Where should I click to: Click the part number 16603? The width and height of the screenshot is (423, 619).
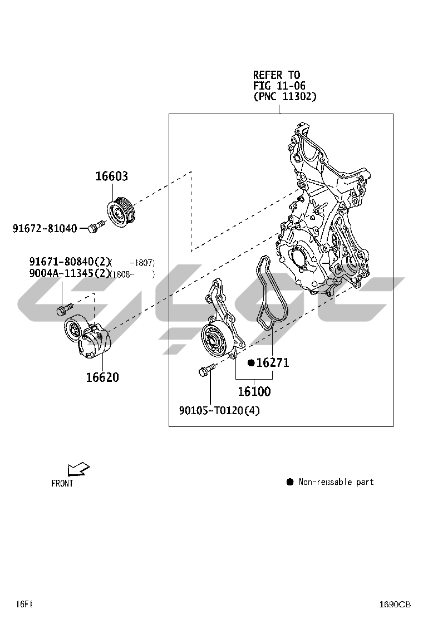111,176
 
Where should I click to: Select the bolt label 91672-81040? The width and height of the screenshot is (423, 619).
45,228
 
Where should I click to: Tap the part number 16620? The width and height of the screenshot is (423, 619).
102,377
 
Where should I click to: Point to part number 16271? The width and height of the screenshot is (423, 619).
272,363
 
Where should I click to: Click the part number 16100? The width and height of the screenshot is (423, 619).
254,391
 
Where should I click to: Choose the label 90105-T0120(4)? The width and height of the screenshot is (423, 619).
219,411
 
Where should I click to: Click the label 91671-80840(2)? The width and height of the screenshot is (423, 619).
70,262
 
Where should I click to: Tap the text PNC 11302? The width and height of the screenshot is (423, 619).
285,96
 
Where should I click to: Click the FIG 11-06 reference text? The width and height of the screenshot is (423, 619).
279,86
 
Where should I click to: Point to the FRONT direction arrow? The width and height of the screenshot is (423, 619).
77,469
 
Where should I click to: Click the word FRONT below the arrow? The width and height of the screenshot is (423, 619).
62,483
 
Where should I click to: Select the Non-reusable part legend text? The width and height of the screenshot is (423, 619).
336,482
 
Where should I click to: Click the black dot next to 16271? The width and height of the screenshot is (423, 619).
251,363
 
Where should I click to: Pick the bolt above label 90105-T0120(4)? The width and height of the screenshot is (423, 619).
204,370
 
